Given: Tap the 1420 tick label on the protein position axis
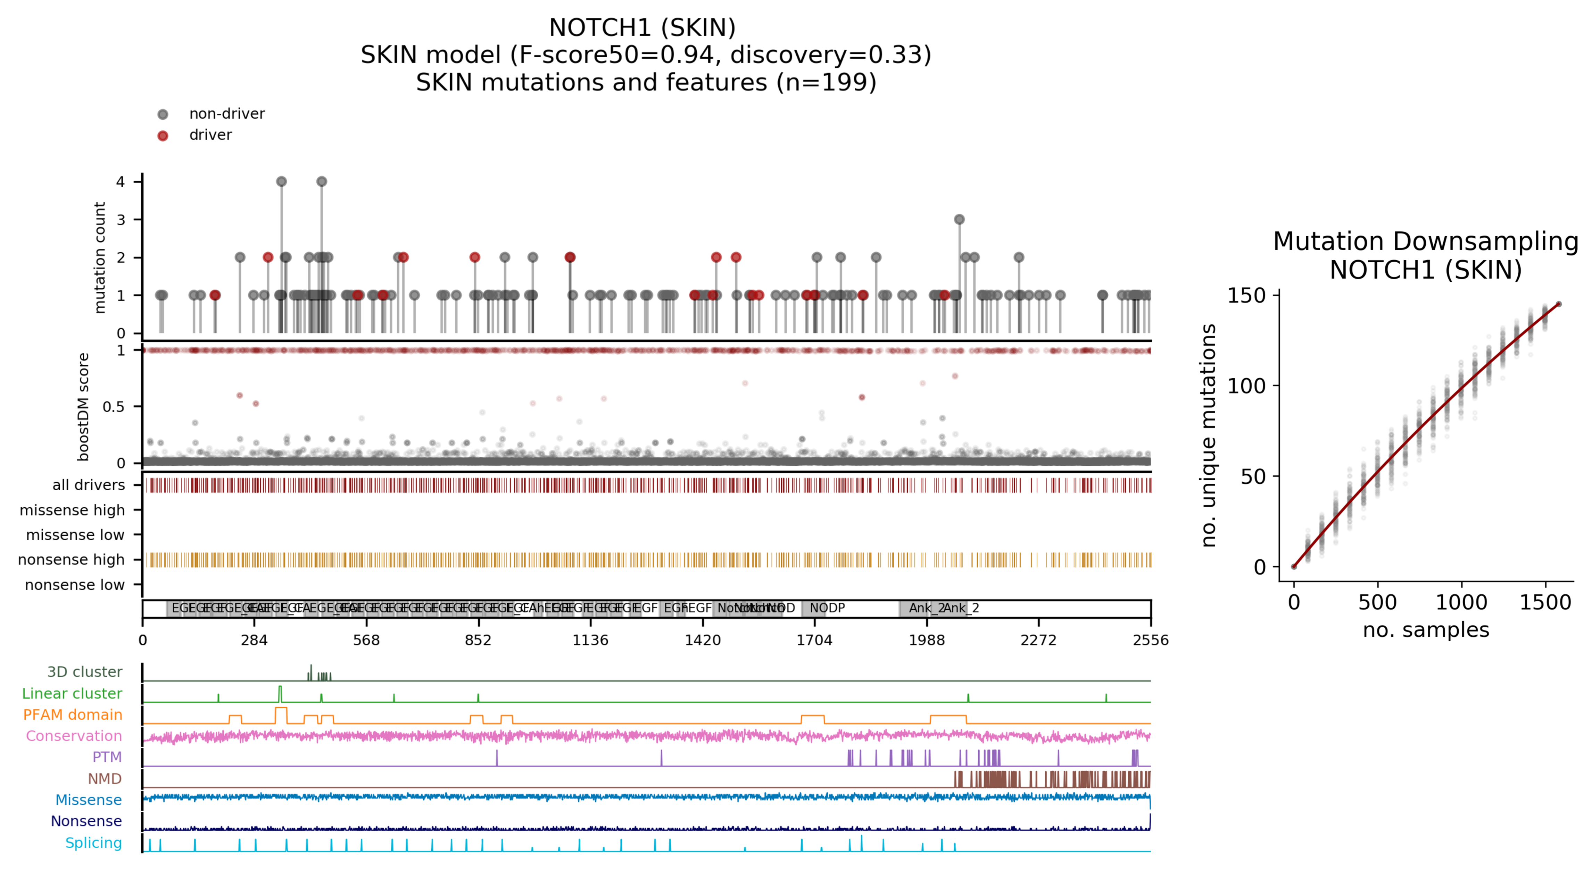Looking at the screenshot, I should [702, 640].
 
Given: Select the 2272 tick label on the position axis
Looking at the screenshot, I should [1038, 640].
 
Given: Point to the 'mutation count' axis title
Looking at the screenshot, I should [99, 257].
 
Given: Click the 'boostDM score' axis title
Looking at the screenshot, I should [83, 407].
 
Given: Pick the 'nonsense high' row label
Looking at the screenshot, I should [71, 559].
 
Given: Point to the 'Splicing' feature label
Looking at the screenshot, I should [93, 843].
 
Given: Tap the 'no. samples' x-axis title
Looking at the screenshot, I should [1426, 630].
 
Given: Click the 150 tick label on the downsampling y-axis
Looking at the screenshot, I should [1246, 296].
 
